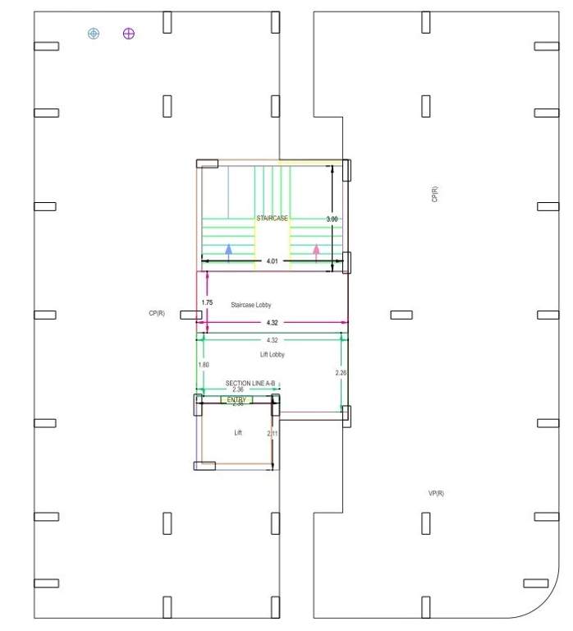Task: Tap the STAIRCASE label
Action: click(272, 219)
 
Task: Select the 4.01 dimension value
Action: click(271, 262)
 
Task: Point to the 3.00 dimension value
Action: click(332, 219)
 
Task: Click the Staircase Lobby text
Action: click(251, 305)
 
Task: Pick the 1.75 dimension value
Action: click(207, 303)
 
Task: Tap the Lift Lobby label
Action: click(272, 354)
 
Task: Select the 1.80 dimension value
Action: click(204, 365)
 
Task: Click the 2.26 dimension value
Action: click(342, 373)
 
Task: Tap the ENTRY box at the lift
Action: click(236, 400)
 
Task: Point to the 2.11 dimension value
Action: click(273, 433)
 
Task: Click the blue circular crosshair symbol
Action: click(94, 33)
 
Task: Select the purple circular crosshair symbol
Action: click(129, 33)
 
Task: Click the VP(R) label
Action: click(436, 494)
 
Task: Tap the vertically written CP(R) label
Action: click(434, 195)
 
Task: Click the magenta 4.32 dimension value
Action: click(272, 323)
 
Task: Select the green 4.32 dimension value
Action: click(272, 340)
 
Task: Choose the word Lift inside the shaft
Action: click(238, 432)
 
